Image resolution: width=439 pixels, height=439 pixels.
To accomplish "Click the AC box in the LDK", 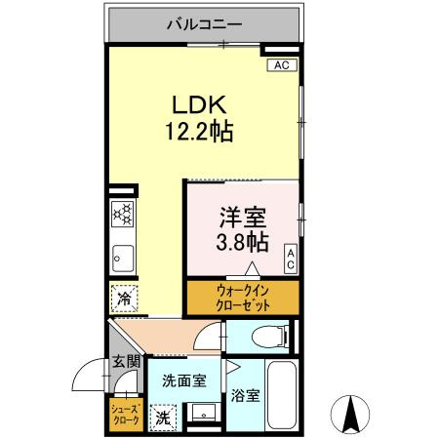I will (x=281, y=65).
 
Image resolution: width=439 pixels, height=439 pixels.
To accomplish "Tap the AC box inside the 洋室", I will (x=291, y=258).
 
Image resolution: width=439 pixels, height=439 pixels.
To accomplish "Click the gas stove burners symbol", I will (x=123, y=212).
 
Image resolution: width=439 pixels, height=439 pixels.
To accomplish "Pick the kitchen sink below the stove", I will (x=123, y=258).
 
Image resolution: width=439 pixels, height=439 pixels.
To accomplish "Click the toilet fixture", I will (x=264, y=338).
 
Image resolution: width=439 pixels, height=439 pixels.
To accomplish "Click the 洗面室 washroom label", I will (x=183, y=380).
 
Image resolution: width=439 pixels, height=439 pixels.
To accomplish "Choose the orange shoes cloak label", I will (x=124, y=414).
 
